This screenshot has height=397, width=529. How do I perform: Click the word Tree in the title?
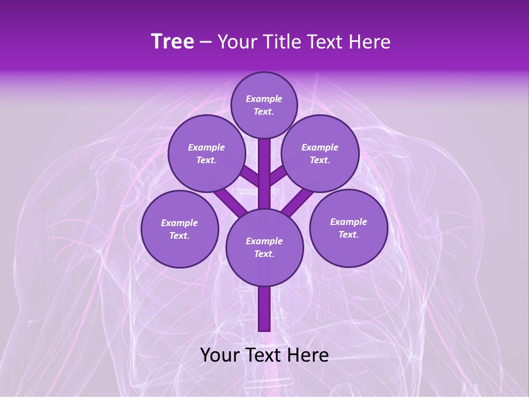[172, 42]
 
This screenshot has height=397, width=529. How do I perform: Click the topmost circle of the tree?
[264, 105]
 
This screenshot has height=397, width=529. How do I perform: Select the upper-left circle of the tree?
[206, 153]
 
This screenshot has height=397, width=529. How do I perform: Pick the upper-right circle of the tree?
[320, 153]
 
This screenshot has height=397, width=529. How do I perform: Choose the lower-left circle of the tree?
[180, 229]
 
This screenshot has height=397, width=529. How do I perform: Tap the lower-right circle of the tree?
[348, 228]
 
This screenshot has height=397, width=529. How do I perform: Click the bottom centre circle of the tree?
[264, 247]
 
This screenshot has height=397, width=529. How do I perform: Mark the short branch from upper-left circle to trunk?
[251, 178]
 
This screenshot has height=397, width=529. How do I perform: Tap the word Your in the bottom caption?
[219, 355]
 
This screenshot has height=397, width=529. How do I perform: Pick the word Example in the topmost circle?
[264, 99]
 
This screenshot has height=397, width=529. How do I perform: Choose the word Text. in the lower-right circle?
[348, 234]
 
